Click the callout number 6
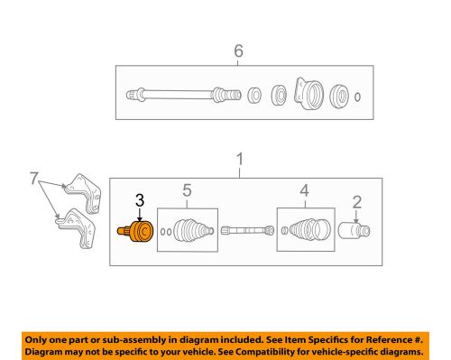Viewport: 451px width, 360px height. (239, 52)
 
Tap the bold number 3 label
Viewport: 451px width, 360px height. (139, 200)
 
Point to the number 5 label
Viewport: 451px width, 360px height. (187, 190)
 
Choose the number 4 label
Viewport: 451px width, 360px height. (304, 190)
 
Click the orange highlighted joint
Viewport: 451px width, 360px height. (137, 233)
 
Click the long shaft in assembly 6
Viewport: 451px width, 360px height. (176, 92)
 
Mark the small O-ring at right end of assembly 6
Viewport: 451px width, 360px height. (359, 96)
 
